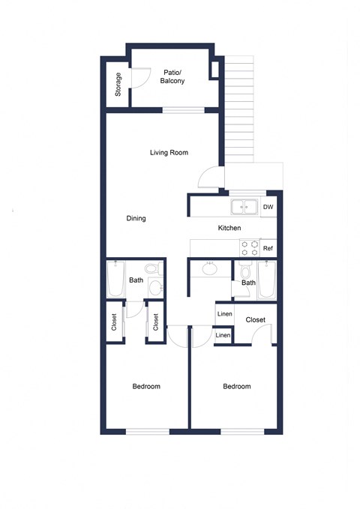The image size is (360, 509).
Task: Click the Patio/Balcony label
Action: click(173, 76)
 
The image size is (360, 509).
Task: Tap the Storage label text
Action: click(118, 84)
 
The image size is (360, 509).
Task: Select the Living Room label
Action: click(168, 152)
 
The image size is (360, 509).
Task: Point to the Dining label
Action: click(136, 219)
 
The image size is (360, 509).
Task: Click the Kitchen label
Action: click(229, 228)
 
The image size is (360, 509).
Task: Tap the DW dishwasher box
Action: click(268, 207)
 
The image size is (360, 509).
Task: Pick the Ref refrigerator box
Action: click(268, 248)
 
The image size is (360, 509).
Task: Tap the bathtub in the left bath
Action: click(115, 280)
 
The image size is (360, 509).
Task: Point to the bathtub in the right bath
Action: click(268, 281)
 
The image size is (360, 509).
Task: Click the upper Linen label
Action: click(224, 314)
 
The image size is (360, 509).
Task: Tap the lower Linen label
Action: click(223, 335)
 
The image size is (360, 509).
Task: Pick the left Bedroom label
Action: click(146, 387)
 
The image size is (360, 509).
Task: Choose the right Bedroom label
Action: click(236, 387)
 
